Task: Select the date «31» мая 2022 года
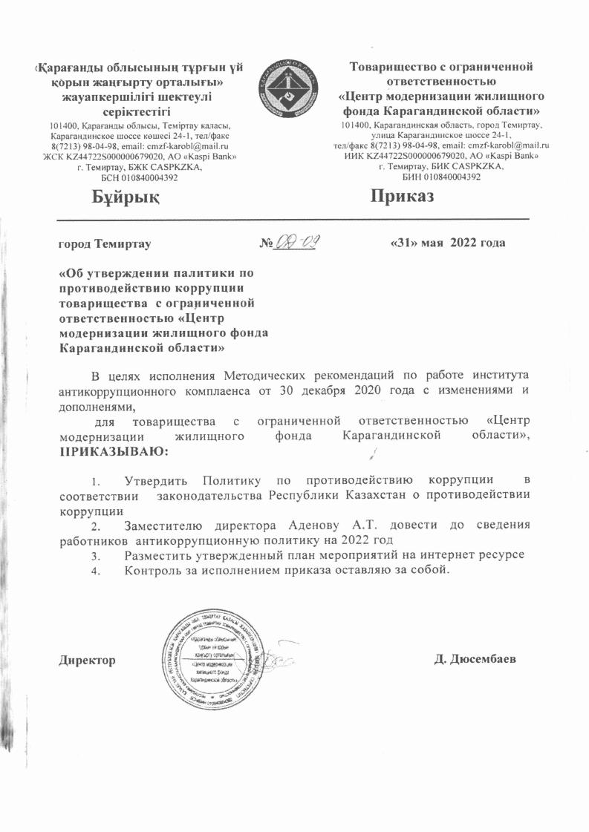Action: [x=448, y=243]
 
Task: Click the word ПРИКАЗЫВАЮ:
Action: [x=104, y=451]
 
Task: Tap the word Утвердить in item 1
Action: [x=160, y=479]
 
